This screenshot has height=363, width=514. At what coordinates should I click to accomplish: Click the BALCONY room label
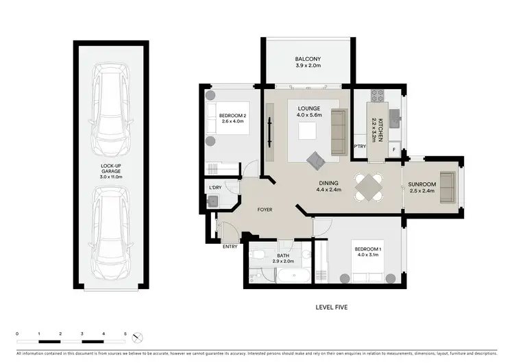coord(308,59)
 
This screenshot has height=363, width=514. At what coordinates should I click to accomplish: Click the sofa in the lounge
coord(338,132)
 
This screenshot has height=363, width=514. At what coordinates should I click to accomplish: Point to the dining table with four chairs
coord(371,186)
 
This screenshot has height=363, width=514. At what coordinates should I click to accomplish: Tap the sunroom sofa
coord(448,186)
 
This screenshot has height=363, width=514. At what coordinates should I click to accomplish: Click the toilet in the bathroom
coord(258,257)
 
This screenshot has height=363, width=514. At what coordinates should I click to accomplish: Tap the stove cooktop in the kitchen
coord(376,95)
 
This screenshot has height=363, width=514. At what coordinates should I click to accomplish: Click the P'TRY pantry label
coord(359,147)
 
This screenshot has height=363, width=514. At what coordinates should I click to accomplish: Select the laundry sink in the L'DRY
coord(213,201)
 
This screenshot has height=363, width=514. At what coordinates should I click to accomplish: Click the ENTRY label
coord(230,247)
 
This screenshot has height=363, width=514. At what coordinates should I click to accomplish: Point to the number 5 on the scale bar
coord(125,333)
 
